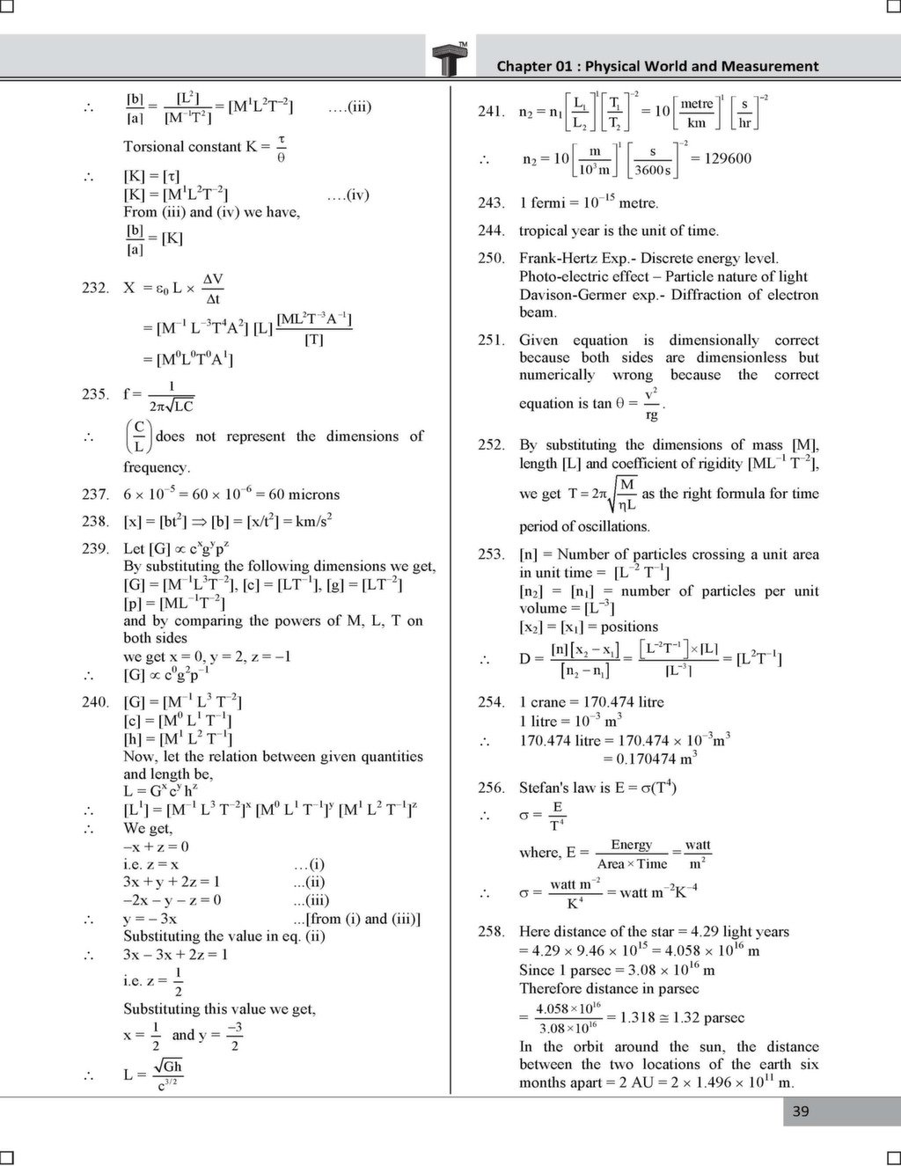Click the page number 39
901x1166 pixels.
[x=801, y=1111]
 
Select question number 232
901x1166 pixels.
[x=95, y=288]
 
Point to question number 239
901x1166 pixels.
[x=95, y=548]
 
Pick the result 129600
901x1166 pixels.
[x=727, y=159]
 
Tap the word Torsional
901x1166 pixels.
[x=153, y=147]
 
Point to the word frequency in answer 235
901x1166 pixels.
[x=156, y=467]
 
